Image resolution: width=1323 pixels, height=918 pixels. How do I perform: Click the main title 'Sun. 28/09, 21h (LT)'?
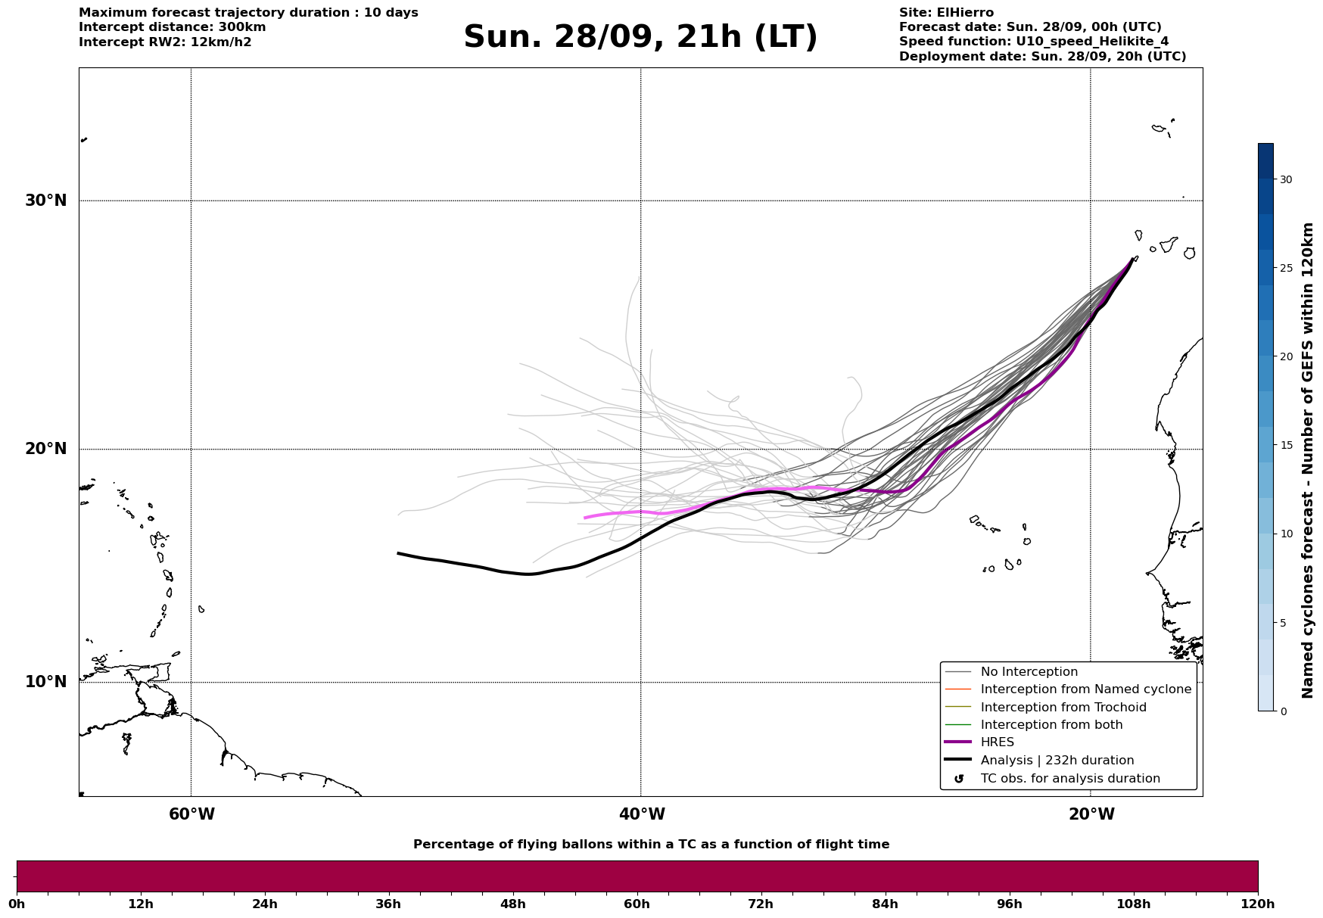point(640,37)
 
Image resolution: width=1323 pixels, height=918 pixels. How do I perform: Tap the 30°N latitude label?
point(46,201)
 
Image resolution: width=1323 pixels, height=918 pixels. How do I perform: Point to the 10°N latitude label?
point(46,682)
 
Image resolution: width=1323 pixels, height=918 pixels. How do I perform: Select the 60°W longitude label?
point(191,814)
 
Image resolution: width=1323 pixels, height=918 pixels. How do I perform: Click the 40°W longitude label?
point(642,814)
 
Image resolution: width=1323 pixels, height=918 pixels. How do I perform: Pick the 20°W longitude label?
point(1091,814)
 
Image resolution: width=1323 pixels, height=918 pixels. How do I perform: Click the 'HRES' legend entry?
point(997,742)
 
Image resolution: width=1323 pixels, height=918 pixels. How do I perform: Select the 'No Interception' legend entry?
point(1029,672)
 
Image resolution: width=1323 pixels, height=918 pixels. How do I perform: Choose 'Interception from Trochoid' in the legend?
point(1063,708)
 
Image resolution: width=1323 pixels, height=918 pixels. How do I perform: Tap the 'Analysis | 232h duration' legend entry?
point(1057,761)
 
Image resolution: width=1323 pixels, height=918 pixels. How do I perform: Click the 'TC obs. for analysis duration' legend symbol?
point(959,779)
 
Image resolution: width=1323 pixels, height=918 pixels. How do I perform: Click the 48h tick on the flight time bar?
point(512,904)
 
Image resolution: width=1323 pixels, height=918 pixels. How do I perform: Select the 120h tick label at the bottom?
point(1258,904)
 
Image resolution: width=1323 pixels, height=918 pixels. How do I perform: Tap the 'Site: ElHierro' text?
point(946,13)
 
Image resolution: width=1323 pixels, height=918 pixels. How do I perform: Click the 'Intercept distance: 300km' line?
point(172,27)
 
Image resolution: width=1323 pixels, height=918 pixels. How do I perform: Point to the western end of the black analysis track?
point(399,553)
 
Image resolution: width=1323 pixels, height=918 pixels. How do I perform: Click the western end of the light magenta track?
point(585,518)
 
